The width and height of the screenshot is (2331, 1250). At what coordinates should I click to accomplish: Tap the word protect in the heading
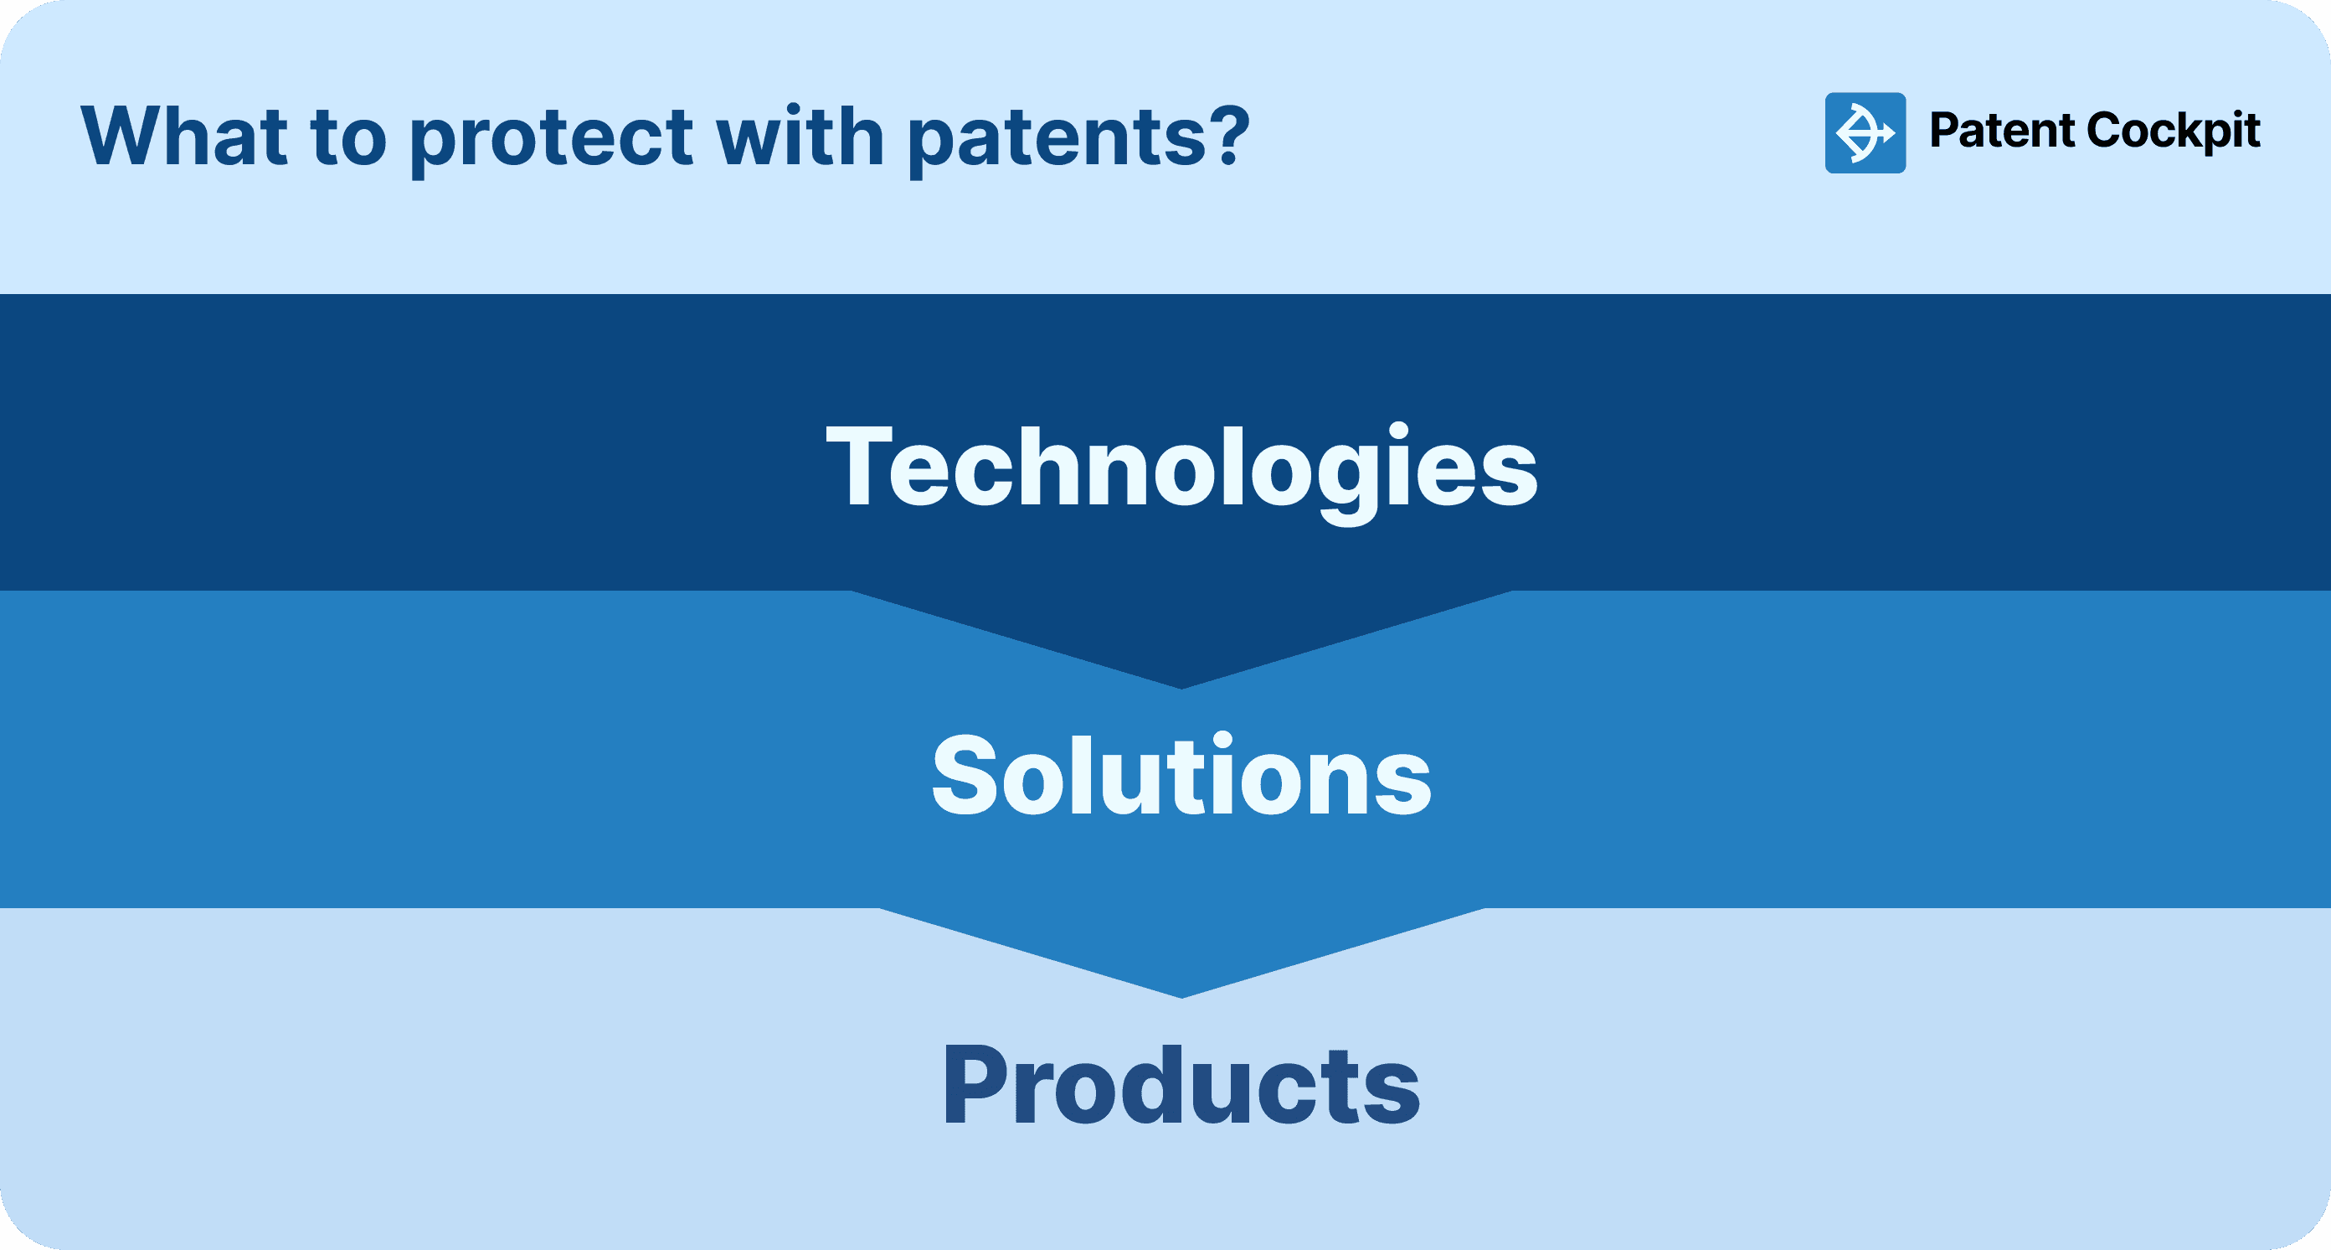[x=551, y=138]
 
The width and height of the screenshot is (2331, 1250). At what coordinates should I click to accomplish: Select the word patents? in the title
[x=1077, y=138]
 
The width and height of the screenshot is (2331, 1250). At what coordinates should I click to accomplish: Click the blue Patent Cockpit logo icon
[x=1865, y=133]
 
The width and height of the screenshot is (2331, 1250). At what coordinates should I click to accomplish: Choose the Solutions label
[x=1181, y=776]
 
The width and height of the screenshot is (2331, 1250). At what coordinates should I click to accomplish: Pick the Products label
[x=1181, y=1085]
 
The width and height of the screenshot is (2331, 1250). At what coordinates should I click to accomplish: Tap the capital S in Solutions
[x=961, y=776]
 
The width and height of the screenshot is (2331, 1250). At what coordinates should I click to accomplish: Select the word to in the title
[x=348, y=138]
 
